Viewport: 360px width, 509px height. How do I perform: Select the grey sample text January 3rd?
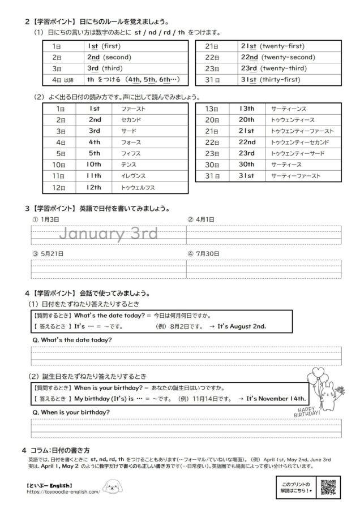(109, 234)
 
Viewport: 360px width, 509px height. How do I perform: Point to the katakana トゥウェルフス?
(138, 187)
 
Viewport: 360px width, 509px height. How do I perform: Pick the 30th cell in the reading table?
(246, 165)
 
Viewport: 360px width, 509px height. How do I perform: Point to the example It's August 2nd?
(242, 326)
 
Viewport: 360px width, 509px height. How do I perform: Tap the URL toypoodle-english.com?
(63, 491)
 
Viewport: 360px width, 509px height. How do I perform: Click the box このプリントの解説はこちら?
(296, 487)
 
